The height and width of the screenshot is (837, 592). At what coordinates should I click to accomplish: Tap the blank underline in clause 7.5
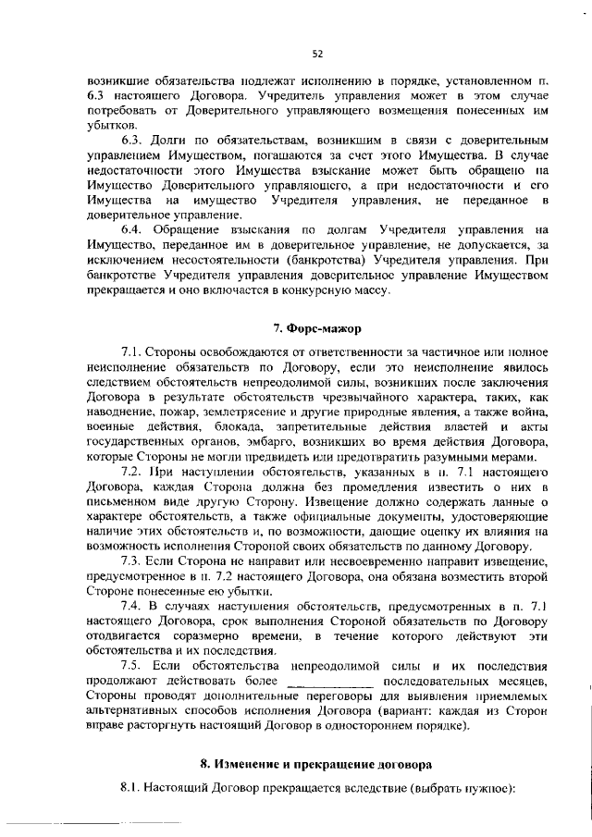coord(331,683)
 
